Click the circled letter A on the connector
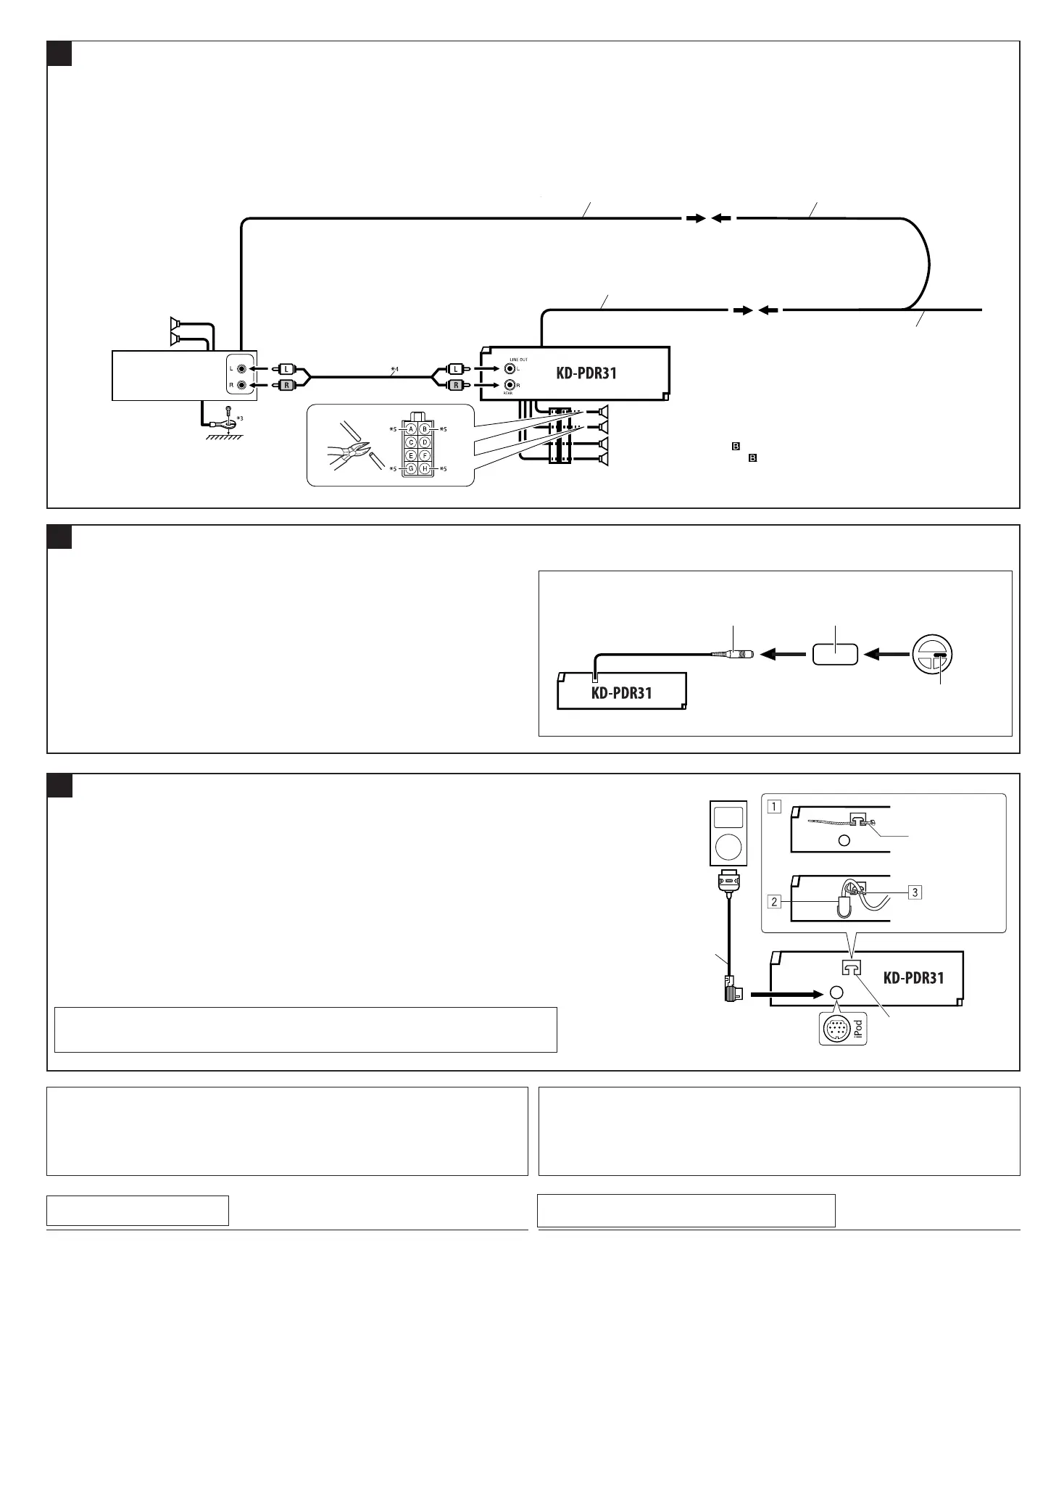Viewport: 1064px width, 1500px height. click(x=410, y=428)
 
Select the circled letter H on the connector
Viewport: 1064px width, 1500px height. click(x=425, y=468)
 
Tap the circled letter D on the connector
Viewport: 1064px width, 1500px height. click(x=425, y=442)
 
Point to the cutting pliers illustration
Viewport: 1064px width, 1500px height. click(x=353, y=446)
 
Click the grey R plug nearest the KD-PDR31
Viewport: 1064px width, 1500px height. click(x=457, y=385)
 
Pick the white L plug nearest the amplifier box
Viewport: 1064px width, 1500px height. click(x=286, y=368)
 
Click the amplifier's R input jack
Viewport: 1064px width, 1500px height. click(x=241, y=385)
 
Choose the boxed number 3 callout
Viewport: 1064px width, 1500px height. click(x=915, y=892)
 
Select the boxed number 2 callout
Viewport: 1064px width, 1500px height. click(x=775, y=902)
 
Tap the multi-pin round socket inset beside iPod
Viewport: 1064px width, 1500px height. click(x=836, y=1029)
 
